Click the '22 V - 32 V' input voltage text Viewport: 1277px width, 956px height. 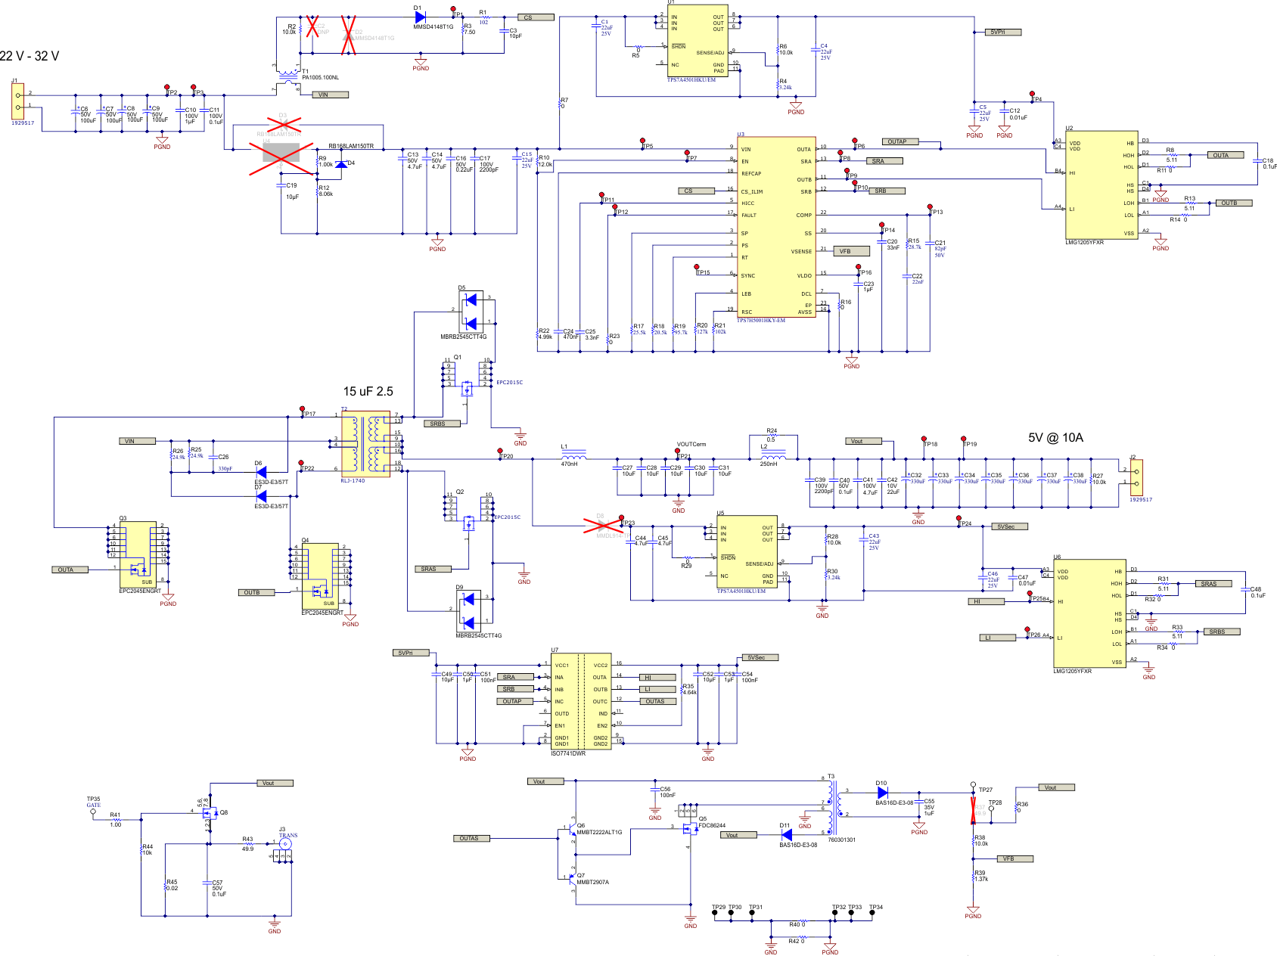click(30, 56)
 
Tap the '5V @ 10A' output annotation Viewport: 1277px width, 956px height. click(1055, 438)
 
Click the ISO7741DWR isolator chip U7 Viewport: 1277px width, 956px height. click(581, 702)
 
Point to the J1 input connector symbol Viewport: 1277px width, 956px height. click(17, 101)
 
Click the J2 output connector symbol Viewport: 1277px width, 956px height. click(1136, 476)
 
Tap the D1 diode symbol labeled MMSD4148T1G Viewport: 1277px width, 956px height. click(421, 17)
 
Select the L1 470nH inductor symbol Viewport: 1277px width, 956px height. click(573, 456)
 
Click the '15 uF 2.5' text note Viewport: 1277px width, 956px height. click(368, 392)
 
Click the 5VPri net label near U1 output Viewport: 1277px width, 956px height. click(1005, 33)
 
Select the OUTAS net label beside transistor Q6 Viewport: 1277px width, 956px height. click(474, 838)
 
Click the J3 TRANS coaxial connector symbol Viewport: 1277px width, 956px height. click(285, 843)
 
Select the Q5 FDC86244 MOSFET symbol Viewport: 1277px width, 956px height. click(690, 828)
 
